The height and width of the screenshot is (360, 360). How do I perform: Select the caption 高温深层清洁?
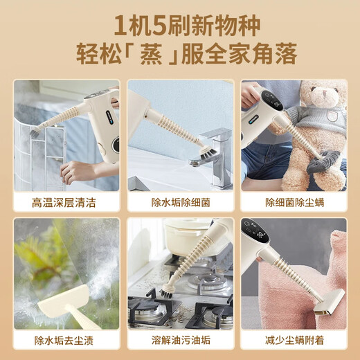66,203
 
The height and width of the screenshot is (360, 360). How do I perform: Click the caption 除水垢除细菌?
179,203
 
